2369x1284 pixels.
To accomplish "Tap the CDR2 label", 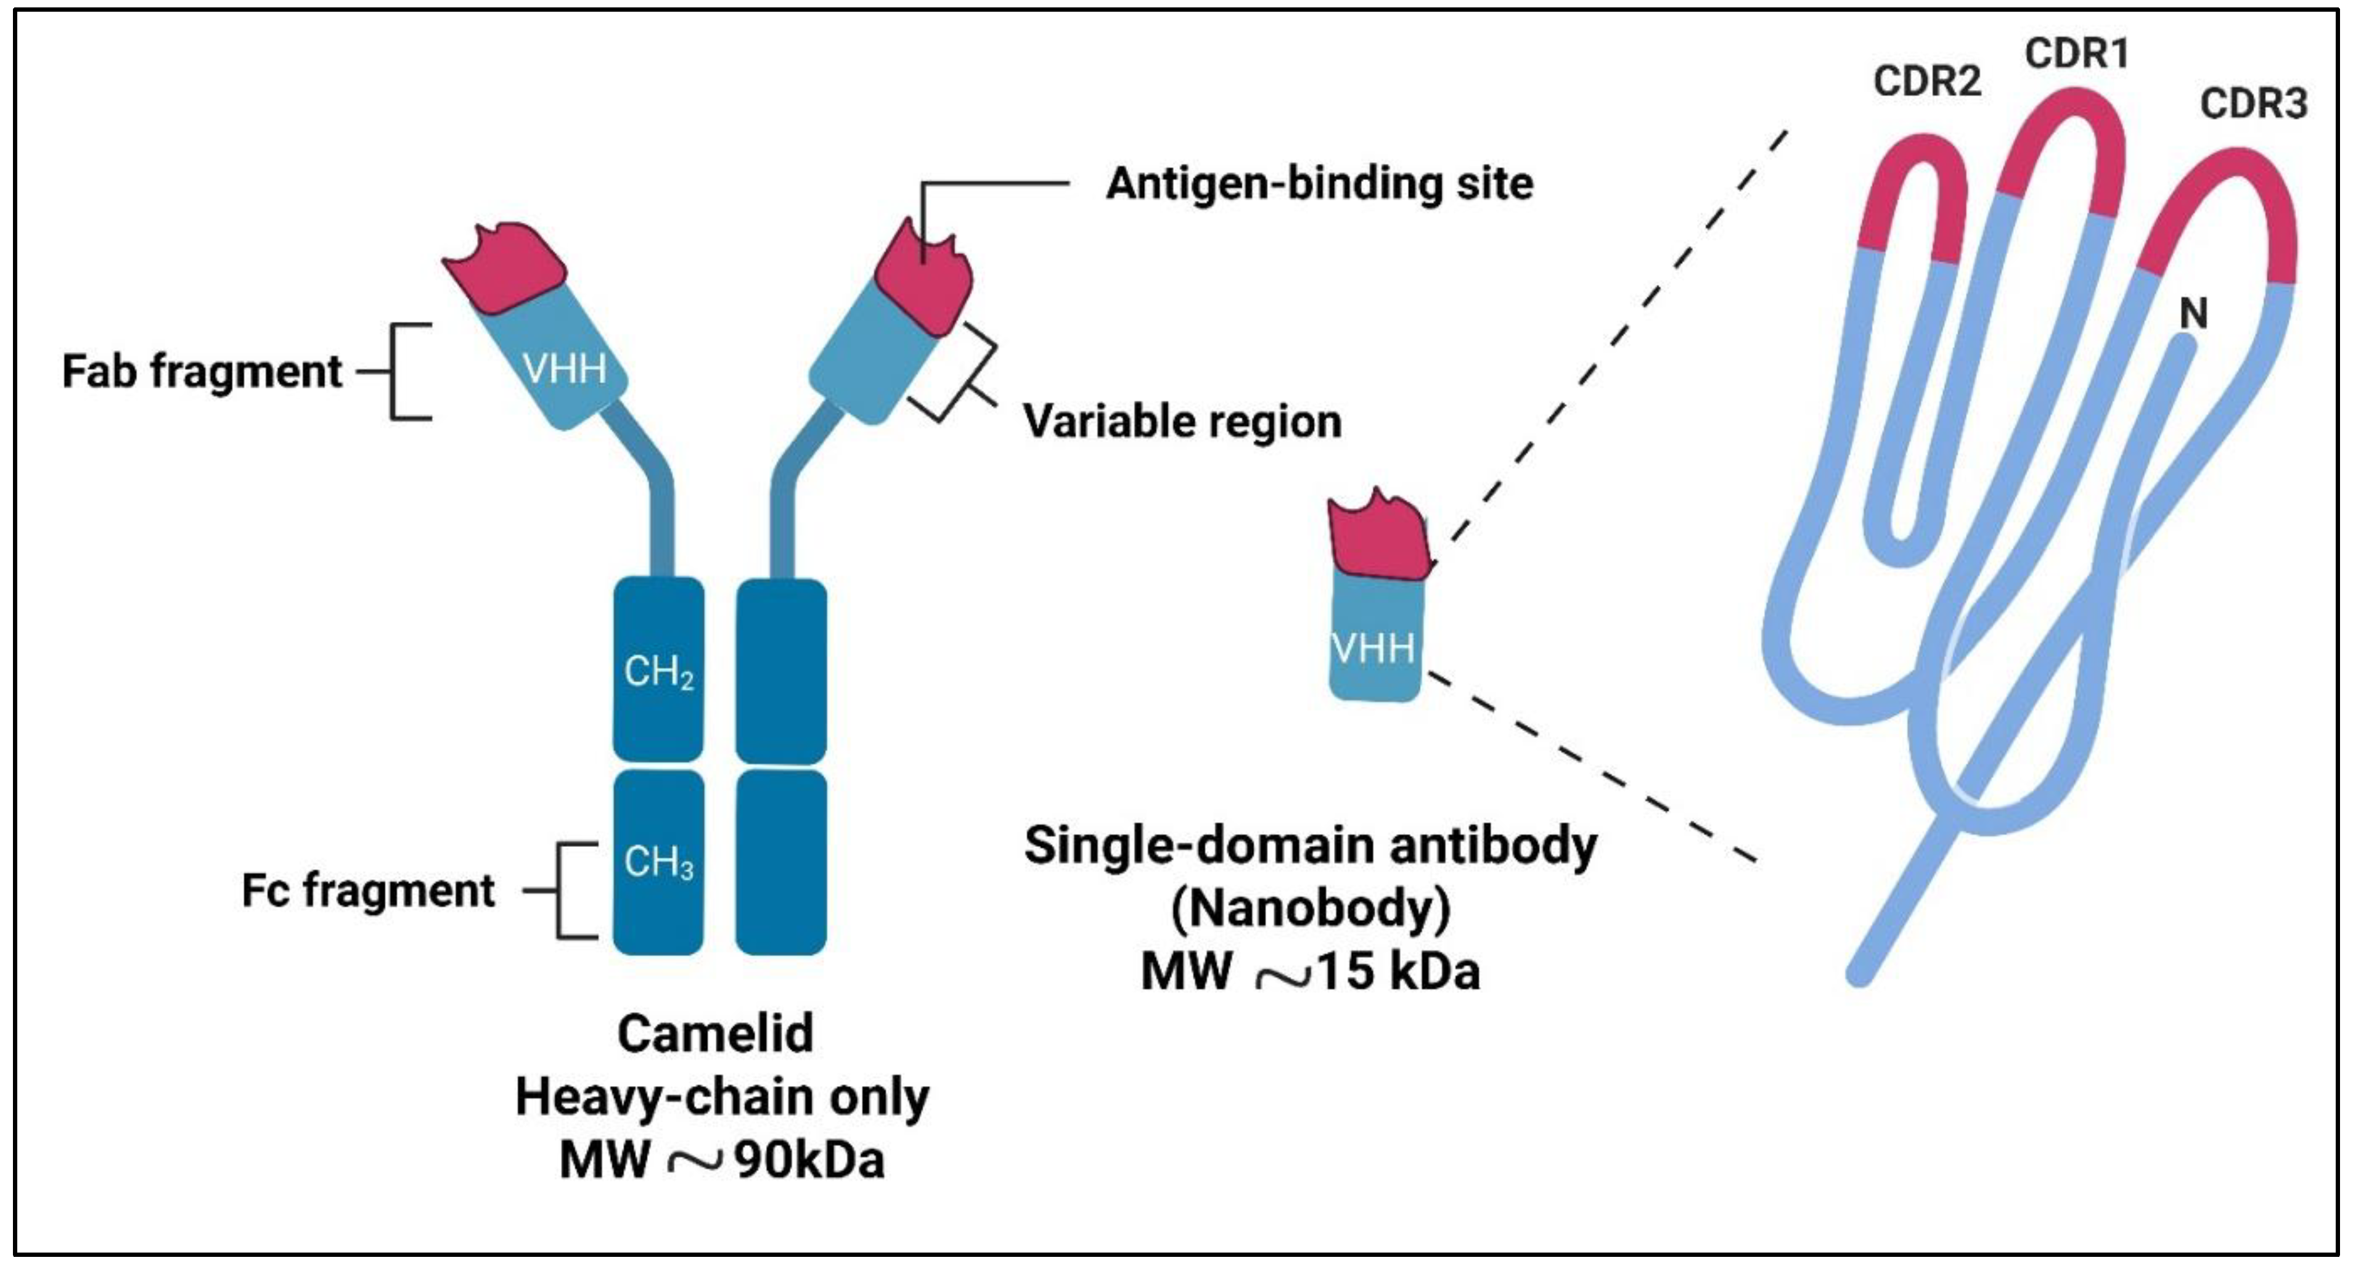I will tap(1926, 82).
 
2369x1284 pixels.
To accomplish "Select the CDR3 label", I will tap(2253, 104).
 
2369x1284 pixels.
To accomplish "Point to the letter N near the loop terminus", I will tap(2193, 314).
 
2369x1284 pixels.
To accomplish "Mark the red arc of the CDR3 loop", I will tap(2225, 184).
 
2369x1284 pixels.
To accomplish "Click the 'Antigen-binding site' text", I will tap(1319, 184).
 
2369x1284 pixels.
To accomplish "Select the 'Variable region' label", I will tap(1182, 422).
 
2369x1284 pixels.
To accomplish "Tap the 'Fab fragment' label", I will tap(202, 372).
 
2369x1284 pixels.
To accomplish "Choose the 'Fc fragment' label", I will tap(368, 890).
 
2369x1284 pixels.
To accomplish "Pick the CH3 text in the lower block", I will tap(658, 862).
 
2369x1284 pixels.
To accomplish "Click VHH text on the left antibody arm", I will tap(565, 370).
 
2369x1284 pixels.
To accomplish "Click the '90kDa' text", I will tap(809, 1161).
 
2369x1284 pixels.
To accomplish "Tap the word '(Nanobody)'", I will tap(1311, 909).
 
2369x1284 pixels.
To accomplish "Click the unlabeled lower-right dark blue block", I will tap(781, 862).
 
